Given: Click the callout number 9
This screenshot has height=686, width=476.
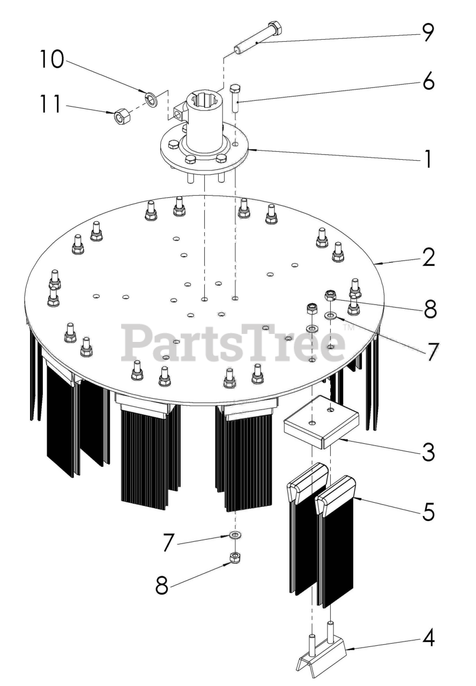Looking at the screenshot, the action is (427, 33).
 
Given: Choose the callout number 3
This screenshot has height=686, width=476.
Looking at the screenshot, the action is (427, 452).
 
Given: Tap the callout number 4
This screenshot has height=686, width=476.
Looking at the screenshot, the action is (427, 638).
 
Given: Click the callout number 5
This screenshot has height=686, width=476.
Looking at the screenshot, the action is (427, 512).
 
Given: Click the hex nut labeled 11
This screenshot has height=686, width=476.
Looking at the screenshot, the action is (121, 116).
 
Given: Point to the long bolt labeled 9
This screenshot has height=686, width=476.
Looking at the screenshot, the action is (256, 38).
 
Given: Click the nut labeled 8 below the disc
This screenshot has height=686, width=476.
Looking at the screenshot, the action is (234, 558).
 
